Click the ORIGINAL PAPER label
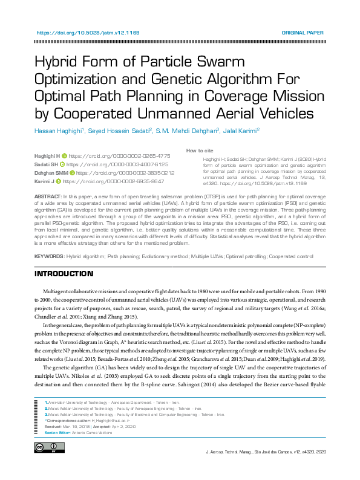(x=303, y=33)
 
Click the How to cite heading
(x=199, y=151)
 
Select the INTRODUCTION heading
(x=64, y=274)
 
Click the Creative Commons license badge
(x=45, y=447)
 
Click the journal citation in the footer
(x=266, y=452)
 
